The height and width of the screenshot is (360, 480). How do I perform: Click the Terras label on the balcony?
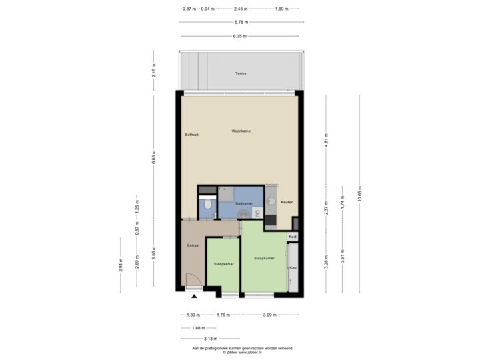pos(241,73)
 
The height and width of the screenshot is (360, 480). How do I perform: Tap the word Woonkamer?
pos(241,131)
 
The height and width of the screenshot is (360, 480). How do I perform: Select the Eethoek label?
pos(192,135)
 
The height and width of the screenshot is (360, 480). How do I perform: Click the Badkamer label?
pos(244,203)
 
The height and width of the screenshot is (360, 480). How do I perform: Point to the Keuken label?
pos(287,202)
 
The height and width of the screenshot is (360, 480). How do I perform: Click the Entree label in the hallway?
pos(193,245)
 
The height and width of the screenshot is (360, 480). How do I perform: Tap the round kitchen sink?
pos(272,201)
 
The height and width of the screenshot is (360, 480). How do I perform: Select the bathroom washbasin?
pos(243,213)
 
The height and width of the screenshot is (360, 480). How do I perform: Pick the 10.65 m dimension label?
pos(360,193)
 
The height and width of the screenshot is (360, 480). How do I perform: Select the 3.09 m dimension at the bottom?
pos(269,315)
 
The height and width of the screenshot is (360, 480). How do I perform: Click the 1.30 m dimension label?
pos(193,315)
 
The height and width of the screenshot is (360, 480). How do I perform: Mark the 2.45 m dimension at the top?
pos(241,9)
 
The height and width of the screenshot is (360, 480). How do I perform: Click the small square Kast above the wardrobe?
pos(293,237)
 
